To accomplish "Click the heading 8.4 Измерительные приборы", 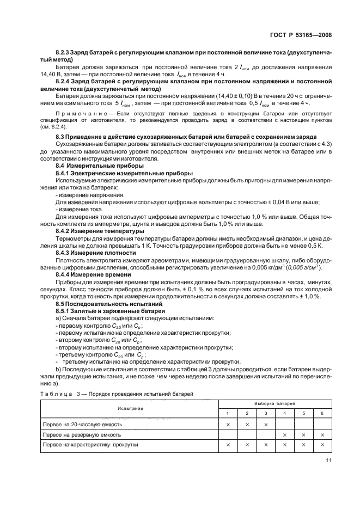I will coord(92,165).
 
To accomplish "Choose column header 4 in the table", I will coord(284,413).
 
